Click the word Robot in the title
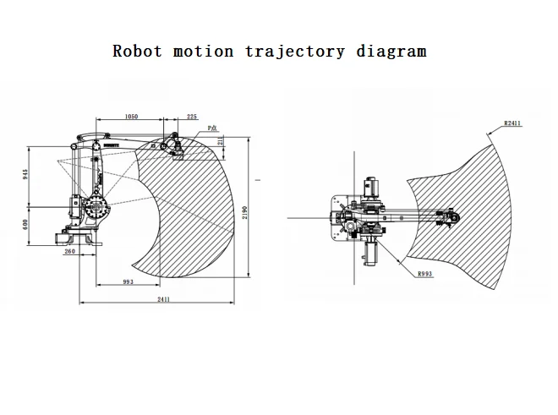coord(139,51)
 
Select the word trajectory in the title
coord(295,52)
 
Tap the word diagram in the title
coord(391,51)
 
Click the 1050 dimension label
coord(131,117)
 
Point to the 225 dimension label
coord(192,117)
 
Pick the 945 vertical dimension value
coord(26,176)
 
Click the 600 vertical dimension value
coord(26,224)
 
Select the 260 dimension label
coord(69,251)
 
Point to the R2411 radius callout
coord(511,123)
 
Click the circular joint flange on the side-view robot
coord(95,207)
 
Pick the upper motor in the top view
coord(369,188)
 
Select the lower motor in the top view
coord(369,251)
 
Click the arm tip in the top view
coord(453,219)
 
